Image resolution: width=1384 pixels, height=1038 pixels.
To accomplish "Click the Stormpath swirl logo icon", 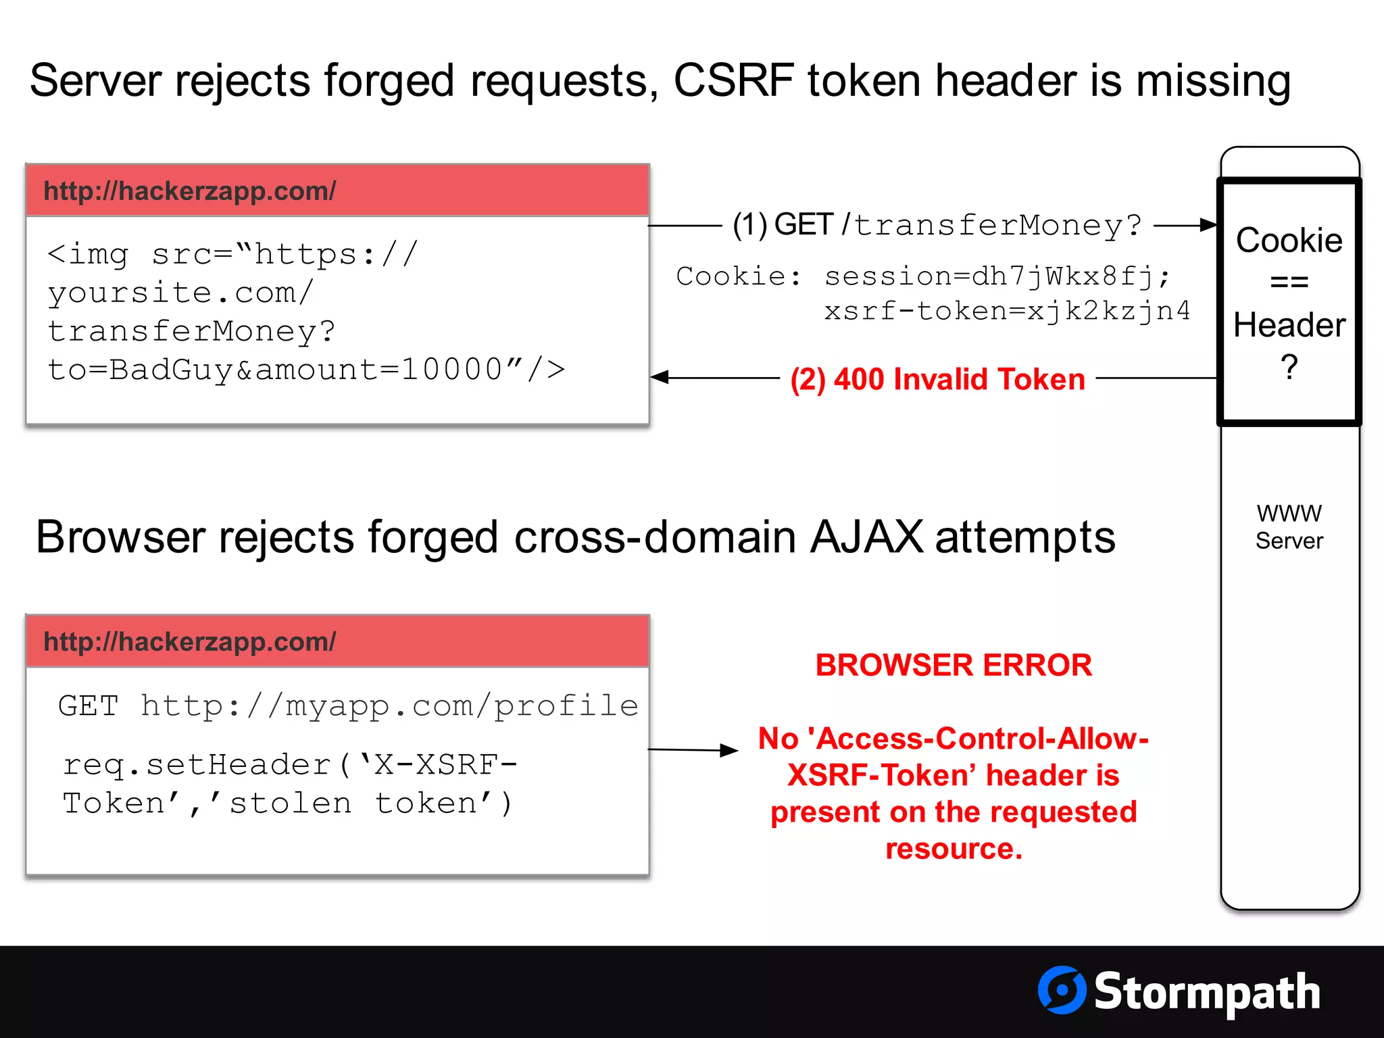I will coord(1062,990).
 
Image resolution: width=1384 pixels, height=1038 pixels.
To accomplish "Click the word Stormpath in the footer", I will coord(1207,992).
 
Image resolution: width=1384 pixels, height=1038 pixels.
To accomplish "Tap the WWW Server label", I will coord(1289,527).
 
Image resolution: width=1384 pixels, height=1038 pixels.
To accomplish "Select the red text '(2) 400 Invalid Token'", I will coord(937,379).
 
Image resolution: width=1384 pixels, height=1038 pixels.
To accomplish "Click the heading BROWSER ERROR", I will coord(953,665).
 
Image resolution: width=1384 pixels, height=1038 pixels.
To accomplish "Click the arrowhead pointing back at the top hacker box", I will coord(660,377).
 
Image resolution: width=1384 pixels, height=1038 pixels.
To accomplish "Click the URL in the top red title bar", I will coord(189,191).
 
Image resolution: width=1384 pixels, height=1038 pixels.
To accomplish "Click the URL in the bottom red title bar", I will coord(189,642).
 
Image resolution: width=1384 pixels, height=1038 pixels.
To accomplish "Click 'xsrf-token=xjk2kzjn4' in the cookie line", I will coord(1007,311).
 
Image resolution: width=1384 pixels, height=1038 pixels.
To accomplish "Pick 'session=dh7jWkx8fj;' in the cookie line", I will coord(997,276).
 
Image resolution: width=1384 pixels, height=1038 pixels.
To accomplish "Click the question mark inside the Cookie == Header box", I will coord(1289,367).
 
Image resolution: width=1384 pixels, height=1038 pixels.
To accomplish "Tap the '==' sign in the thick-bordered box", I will coord(1289,282).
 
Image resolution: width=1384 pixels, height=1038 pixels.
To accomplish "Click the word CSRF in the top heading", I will coord(733,80).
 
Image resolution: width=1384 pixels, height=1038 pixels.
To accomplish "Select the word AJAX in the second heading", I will coord(866,537).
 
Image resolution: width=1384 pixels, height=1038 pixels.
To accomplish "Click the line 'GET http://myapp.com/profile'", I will coord(348,706).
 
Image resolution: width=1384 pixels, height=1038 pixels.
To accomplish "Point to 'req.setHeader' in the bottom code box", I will coord(197,765).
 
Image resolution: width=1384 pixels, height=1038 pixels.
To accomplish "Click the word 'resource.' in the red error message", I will coord(954,849).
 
